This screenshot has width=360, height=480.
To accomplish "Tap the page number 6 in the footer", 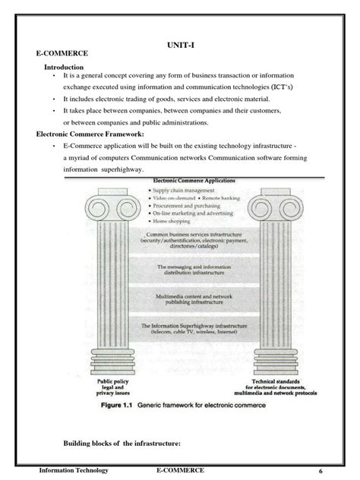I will point(320,471).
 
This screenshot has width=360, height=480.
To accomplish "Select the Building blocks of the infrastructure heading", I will point(125,444).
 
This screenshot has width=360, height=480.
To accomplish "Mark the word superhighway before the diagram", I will point(122,169).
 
